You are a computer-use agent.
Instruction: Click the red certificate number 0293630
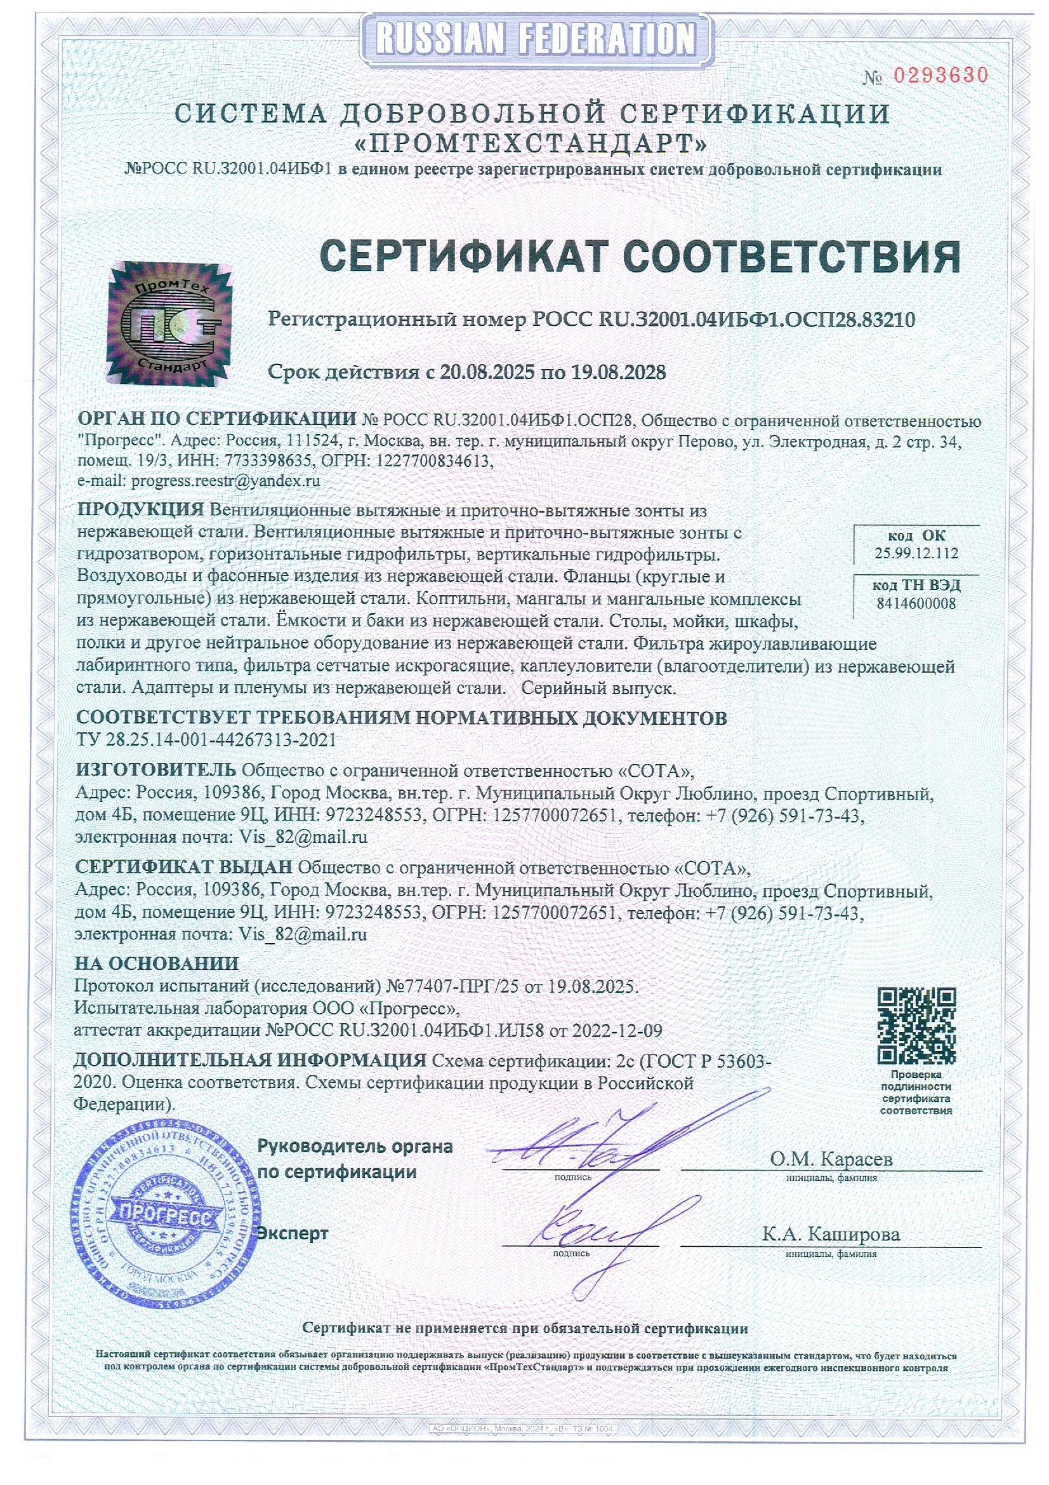[940, 76]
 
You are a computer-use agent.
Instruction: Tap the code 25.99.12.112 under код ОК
[916, 554]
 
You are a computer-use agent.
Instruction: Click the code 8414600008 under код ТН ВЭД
[916, 603]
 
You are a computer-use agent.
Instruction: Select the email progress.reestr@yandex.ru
[225, 481]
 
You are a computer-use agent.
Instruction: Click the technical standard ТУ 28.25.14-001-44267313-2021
[206, 739]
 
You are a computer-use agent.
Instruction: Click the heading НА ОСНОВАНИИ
[157, 964]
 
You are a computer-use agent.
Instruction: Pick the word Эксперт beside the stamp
[293, 1233]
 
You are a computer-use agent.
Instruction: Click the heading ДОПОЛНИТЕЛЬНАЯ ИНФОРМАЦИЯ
[251, 1061]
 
